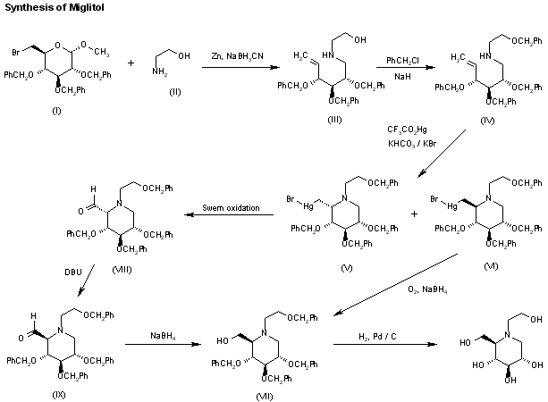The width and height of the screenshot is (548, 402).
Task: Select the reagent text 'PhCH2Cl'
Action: [x=398, y=61]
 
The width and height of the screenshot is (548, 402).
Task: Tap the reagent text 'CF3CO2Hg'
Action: [x=407, y=130]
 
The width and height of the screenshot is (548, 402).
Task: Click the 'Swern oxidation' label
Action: [x=235, y=208]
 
